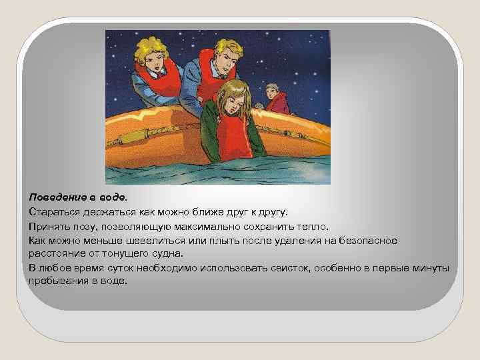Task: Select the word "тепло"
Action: pyautogui.click(x=313, y=226)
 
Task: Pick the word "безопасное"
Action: pyautogui.click(x=364, y=240)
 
